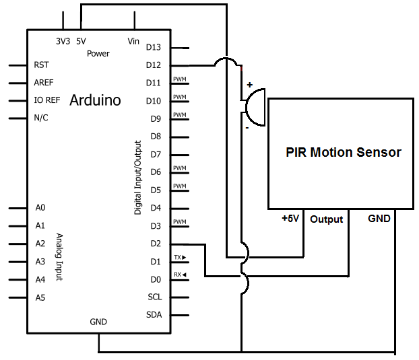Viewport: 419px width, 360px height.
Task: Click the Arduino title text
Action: pyautogui.click(x=95, y=100)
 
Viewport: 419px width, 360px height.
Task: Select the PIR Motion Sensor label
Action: pyautogui.click(x=343, y=152)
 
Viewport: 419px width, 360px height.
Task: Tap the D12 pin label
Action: pyautogui.click(x=154, y=65)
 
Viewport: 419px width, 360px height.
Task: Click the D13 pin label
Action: pyautogui.click(x=154, y=47)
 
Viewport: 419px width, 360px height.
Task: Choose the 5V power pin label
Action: pyautogui.click(x=81, y=41)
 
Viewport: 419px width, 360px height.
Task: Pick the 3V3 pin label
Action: pyautogui.click(x=63, y=41)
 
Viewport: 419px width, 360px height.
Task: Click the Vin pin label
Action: pyautogui.click(x=133, y=41)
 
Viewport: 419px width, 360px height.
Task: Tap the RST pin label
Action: pyautogui.click(x=40, y=65)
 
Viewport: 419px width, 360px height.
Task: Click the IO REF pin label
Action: pyautogui.click(x=46, y=100)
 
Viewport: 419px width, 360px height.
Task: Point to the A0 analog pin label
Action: pyautogui.click(x=40, y=208)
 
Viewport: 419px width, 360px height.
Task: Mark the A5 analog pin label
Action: pyautogui.click(x=40, y=297)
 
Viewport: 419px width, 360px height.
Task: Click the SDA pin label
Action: pyautogui.click(x=154, y=315)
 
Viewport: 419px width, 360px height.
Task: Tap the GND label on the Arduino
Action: pyautogui.click(x=98, y=322)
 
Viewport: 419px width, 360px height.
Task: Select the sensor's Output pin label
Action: pyautogui.click(x=326, y=219)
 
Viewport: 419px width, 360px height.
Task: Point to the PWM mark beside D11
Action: pyautogui.click(x=179, y=79)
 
